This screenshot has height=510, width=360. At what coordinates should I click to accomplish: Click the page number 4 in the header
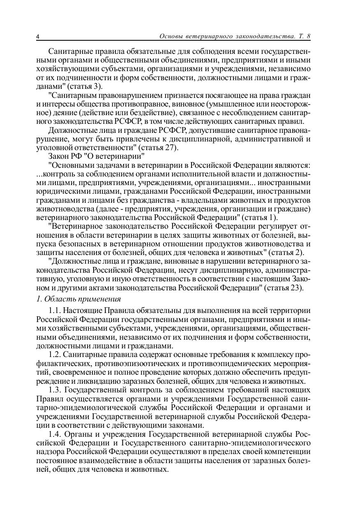tap(38, 37)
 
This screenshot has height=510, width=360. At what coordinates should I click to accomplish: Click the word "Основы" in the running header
tap(171, 36)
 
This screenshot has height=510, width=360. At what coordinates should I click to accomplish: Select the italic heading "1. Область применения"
tap(78, 299)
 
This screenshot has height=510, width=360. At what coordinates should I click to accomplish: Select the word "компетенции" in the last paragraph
tap(290, 452)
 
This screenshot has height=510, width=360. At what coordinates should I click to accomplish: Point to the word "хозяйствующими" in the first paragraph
tap(61, 69)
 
